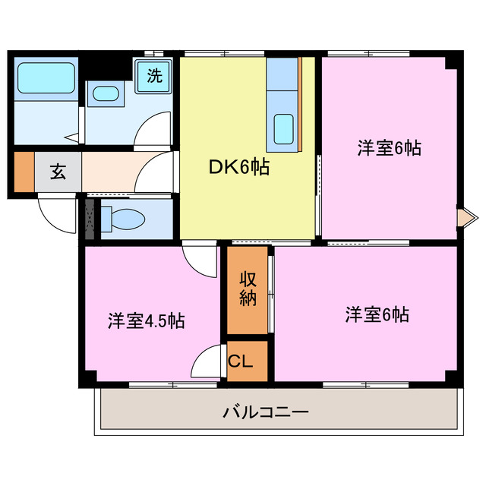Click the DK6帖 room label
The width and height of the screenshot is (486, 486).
240,166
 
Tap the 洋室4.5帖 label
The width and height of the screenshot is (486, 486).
146,320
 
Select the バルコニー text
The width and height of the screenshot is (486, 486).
266,413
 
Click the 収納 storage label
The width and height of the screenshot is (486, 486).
248,289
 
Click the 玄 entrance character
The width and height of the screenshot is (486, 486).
58,171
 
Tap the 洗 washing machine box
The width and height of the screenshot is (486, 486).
154,75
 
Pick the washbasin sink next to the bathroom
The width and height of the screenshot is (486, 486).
104,95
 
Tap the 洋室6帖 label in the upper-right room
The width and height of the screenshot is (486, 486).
389,148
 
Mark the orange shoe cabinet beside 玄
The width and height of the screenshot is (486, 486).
24,172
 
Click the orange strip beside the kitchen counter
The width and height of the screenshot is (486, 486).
300,103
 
